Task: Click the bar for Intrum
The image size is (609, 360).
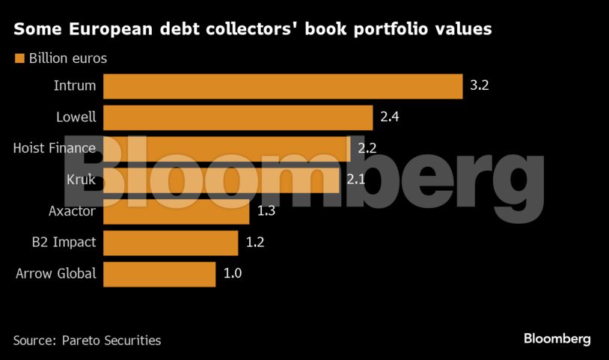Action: [282, 86]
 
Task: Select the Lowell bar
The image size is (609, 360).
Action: [237, 118]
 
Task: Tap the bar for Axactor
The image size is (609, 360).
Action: [176, 211]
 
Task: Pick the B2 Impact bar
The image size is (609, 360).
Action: [170, 242]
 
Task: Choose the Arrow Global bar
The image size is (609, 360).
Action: [159, 274]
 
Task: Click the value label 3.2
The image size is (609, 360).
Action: [479, 86]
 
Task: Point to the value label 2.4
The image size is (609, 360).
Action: [389, 118]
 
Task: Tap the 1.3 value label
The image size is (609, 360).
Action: [266, 211]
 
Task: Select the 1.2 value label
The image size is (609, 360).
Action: [254, 242]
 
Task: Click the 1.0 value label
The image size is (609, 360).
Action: [232, 274]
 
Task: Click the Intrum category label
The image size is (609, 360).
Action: [75, 86]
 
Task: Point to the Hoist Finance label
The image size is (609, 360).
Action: [55, 148]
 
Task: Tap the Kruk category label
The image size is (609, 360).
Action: [81, 180]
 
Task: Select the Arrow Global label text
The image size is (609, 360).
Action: [56, 274]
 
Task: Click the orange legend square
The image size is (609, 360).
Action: [19, 58]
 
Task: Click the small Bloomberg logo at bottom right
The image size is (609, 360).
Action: [557, 339]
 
